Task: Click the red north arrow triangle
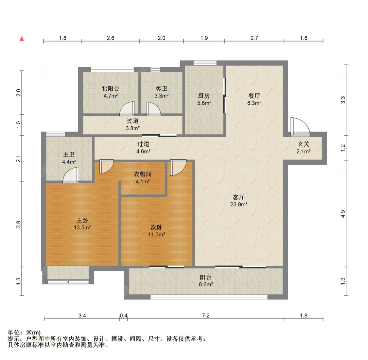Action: (x=22, y=39)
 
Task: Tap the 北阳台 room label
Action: (x=110, y=89)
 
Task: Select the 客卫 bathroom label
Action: (x=161, y=89)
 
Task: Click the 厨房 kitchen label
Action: (x=204, y=96)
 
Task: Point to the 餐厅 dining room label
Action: (x=254, y=96)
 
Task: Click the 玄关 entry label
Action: (x=304, y=144)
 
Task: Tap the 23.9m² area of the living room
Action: (x=239, y=204)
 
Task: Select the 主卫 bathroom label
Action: (x=69, y=154)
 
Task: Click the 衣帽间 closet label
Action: (x=143, y=174)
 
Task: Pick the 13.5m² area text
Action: (x=82, y=227)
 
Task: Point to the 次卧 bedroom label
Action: (x=156, y=227)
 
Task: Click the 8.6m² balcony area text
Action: (x=206, y=284)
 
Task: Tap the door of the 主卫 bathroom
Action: (x=71, y=175)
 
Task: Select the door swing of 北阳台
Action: (x=127, y=108)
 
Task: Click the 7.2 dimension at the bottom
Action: (x=206, y=315)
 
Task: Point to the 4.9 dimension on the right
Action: (x=343, y=214)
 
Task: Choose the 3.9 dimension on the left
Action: (x=19, y=224)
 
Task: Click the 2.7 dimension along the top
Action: (x=254, y=38)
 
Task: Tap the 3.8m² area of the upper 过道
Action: (x=132, y=128)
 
